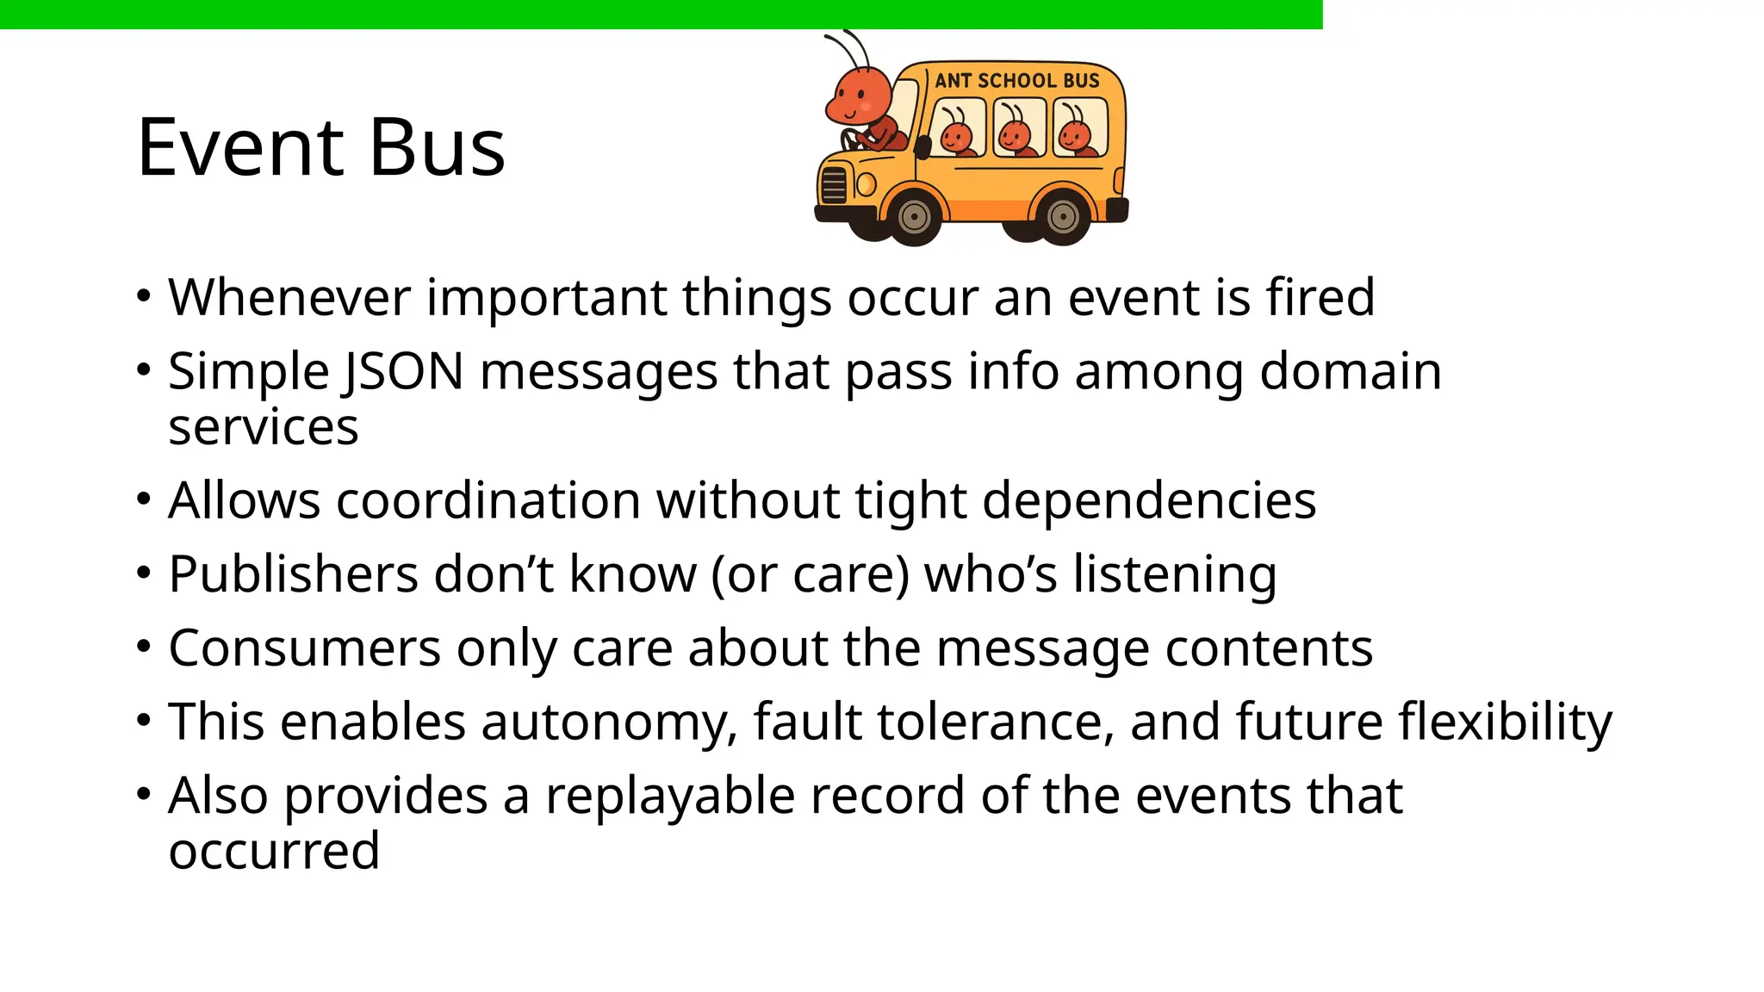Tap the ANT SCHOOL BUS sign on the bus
1017,81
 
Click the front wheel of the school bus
913,217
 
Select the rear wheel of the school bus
1063,217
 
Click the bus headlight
866,184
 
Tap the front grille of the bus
834,184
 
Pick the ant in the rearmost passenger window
1076,132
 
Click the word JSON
402,372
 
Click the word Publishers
293,574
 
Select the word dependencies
1149,500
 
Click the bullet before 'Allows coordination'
144,499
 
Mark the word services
263,428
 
